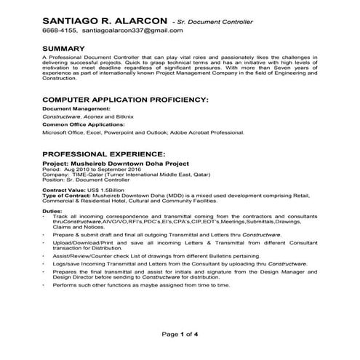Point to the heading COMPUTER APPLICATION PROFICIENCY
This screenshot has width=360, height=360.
click(x=126, y=98)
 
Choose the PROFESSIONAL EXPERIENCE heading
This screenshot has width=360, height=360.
click(x=104, y=155)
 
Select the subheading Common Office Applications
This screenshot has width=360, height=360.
click(x=81, y=125)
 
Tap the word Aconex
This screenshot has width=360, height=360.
click(x=96, y=116)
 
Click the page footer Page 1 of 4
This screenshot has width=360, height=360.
click(x=180, y=334)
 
